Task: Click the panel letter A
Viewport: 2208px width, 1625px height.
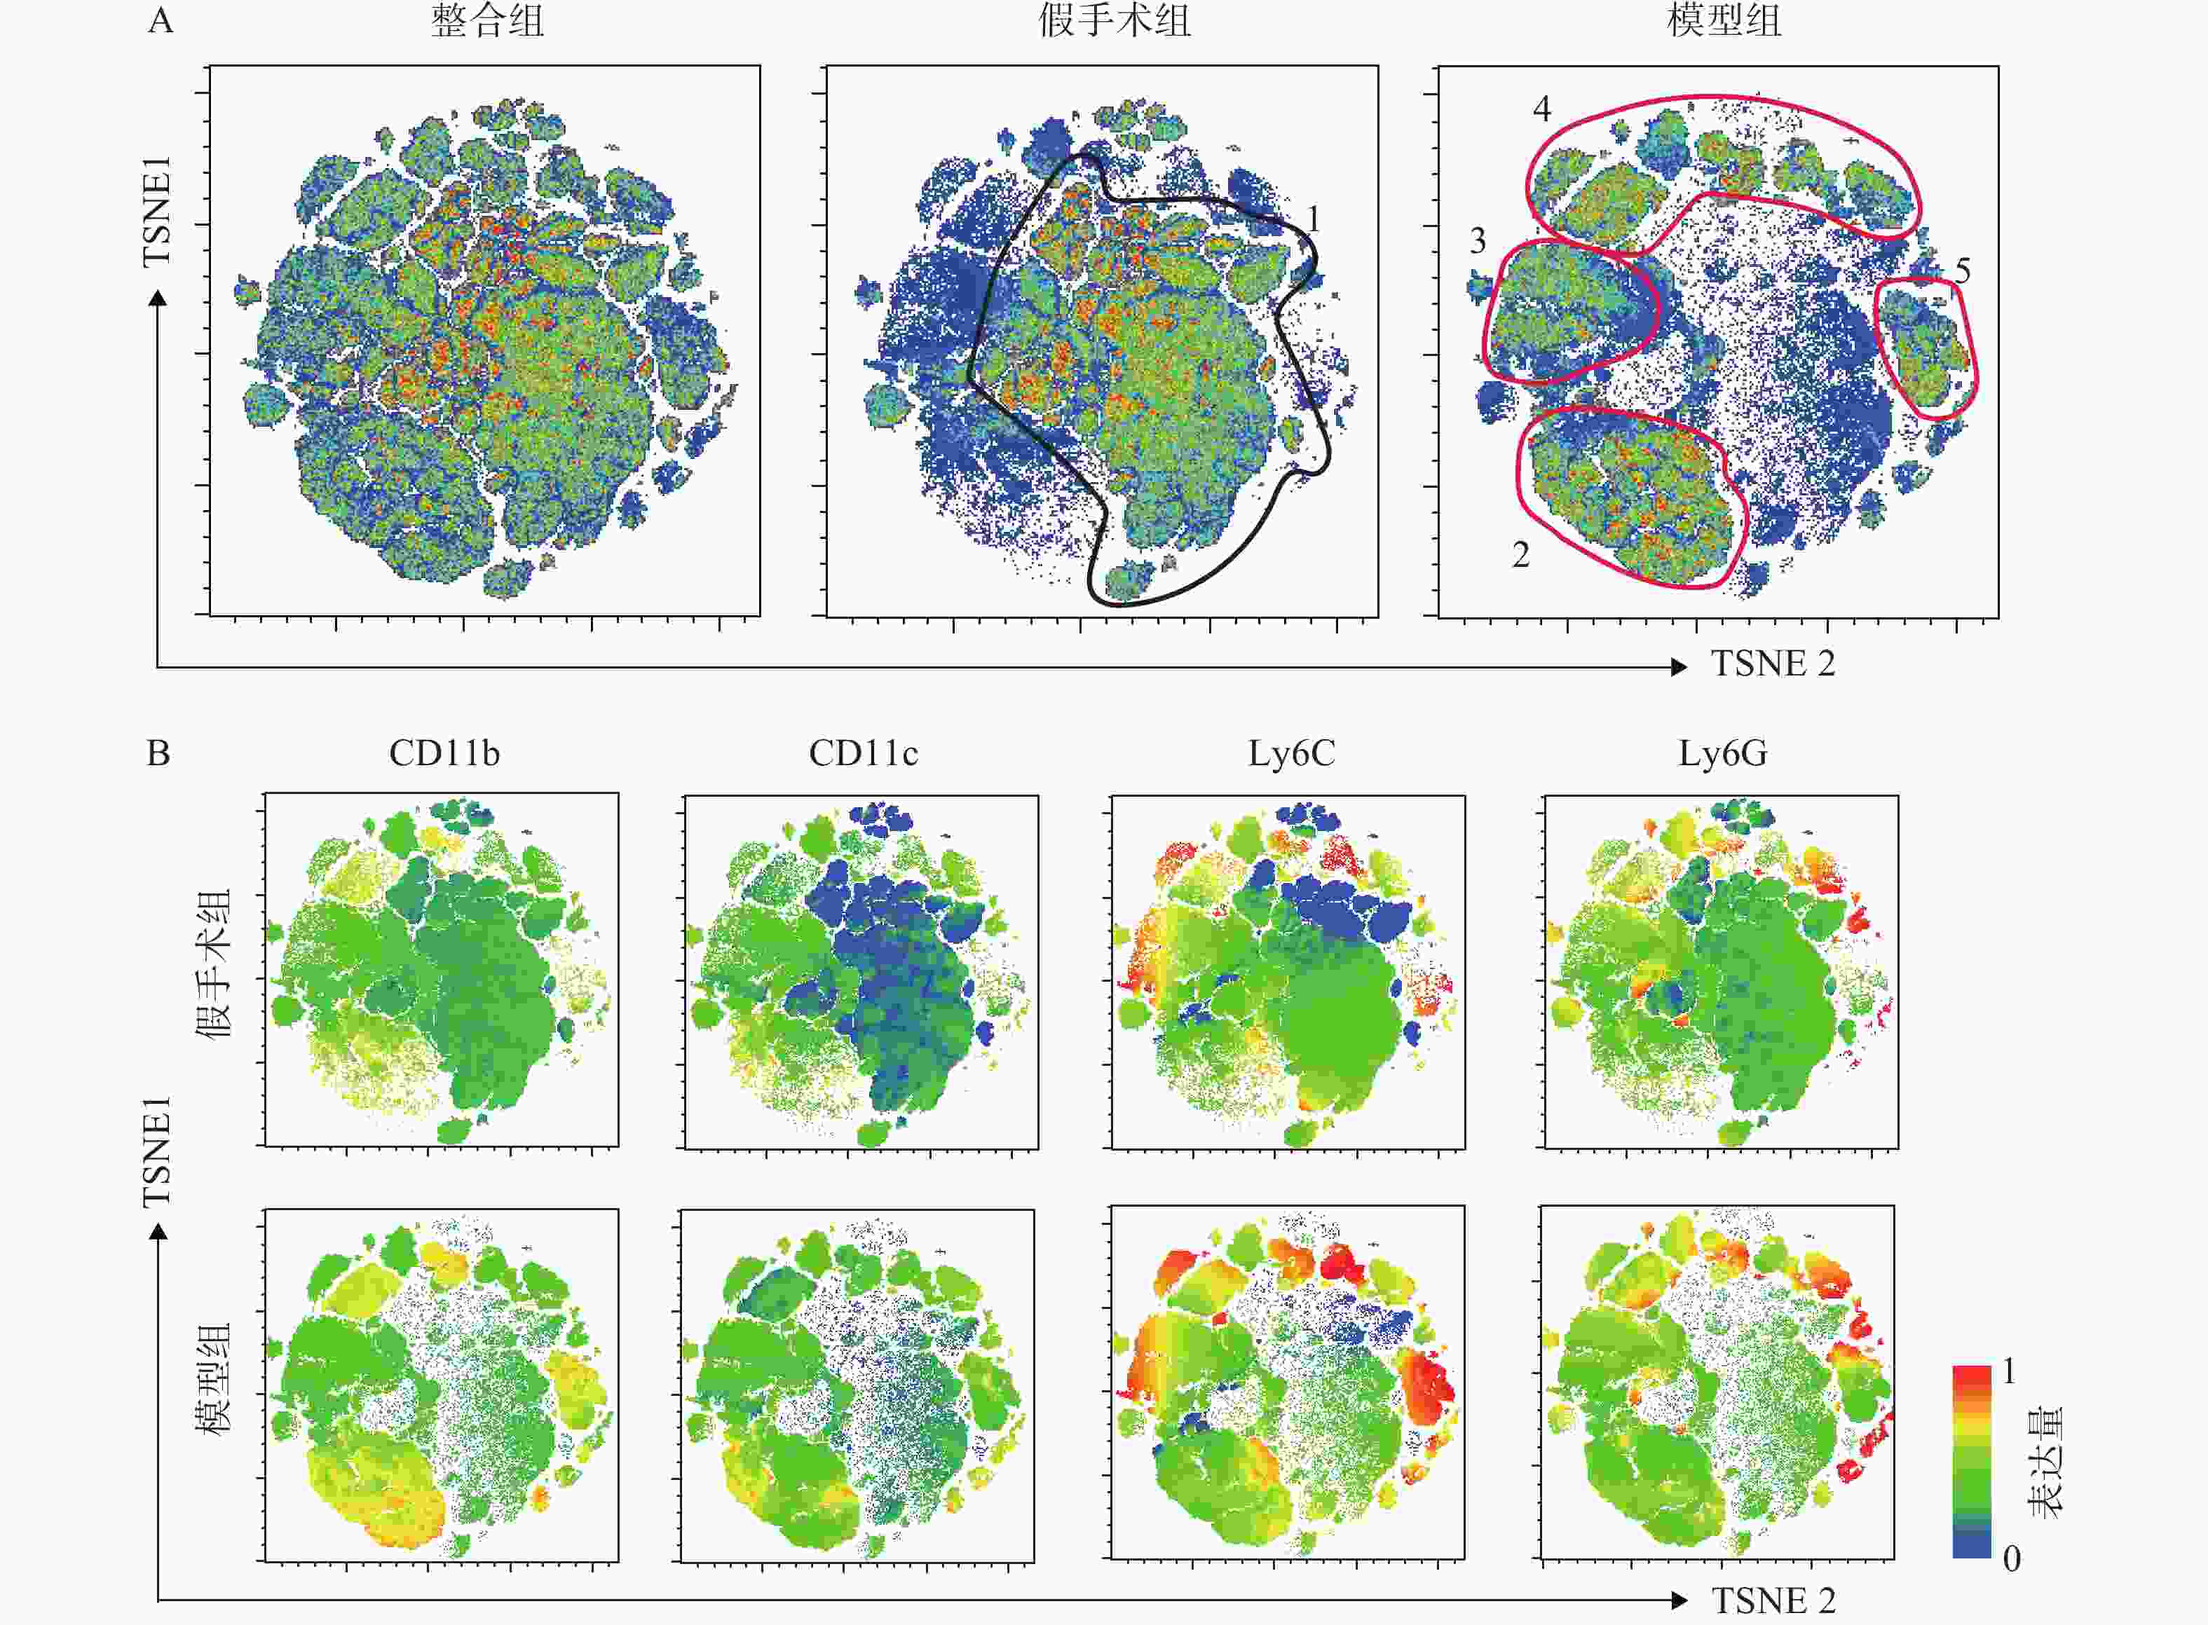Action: pyautogui.click(x=161, y=20)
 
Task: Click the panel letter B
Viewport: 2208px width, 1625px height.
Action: pyautogui.click(x=158, y=753)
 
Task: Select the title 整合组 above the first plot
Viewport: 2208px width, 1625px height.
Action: pyautogui.click(x=487, y=20)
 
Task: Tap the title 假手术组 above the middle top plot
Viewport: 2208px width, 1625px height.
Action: pyautogui.click(x=1115, y=20)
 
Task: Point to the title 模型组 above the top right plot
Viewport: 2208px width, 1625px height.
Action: pyautogui.click(x=1724, y=20)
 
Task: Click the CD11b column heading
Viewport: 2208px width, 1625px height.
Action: pyautogui.click(x=444, y=753)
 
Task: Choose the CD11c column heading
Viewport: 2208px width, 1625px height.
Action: pyautogui.click(x=863, y=753)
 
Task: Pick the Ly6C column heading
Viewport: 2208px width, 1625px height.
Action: pyautogui.click(x=1291, y=753)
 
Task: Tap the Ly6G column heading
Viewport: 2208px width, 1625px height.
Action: pyautogui.click(x=1722, y=753)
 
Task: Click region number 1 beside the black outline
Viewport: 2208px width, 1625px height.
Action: pyautogui.click(x=1313, y=219)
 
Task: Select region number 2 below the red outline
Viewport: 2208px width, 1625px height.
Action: pyautogui.click(x=1520, y=555)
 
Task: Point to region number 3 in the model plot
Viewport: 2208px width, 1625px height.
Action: pyautogui.click(x=1478, y=241)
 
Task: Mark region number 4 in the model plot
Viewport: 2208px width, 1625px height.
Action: pyautogui.click(x=1542, y=108)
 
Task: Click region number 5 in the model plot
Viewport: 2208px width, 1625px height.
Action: pyautogui.click(x=1962, y=270)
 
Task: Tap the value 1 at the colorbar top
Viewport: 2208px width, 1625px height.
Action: pyautogui.click(x=2008, y=1371)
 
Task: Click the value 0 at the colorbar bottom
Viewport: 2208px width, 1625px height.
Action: pyautogui.click(x=2011, y=1558)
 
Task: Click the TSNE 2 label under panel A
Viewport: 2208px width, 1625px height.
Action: pyautogui.click(x=1773, y=664)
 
